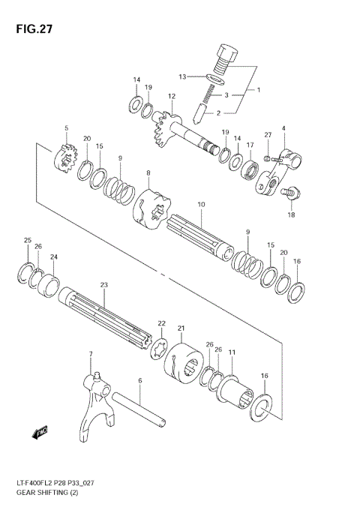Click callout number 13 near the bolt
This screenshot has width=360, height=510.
coord(182,76)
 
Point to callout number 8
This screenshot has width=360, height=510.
coord(148,173)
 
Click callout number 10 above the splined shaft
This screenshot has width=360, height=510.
coord(200,204)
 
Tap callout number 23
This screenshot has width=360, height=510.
coord(104,284)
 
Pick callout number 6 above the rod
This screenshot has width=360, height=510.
coord(139,381)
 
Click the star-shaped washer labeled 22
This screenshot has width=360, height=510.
coord(160,348)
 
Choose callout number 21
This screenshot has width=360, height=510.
coord(181,328)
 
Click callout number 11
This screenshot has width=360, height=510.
coord(232,352)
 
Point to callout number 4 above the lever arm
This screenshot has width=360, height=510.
coord(283,129)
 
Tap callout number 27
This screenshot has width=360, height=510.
coord(268,134)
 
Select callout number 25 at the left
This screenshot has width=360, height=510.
coord(28,240)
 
